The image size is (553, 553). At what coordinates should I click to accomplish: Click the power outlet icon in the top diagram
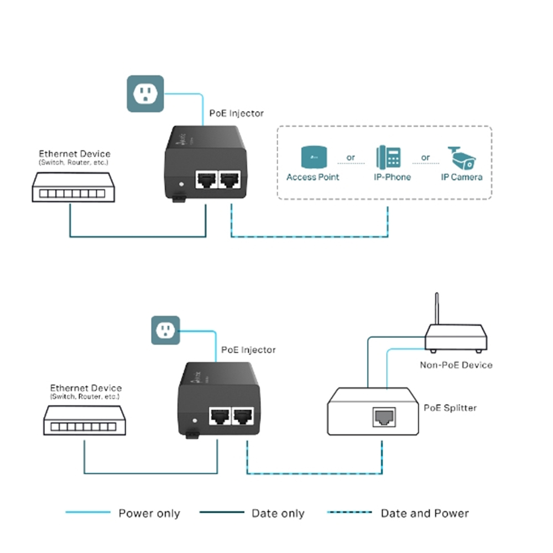pos(145,94)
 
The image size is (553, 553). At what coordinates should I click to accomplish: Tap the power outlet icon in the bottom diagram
pos(165,330)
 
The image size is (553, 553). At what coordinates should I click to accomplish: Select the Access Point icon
pos(312,156)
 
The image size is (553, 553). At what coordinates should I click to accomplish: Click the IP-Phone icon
pos(389,156)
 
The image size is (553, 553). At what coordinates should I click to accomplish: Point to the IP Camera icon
pos(462,157)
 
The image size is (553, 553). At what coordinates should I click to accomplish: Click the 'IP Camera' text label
pos(462,178)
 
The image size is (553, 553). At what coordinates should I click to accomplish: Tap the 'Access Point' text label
pos(312,178)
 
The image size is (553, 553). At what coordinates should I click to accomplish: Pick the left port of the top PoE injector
pos(206,180)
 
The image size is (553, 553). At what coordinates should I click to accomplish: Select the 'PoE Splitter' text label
pos(450,408)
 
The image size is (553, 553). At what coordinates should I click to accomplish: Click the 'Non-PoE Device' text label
pos(456,365)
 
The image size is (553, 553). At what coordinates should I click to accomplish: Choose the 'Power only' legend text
pos(149,514)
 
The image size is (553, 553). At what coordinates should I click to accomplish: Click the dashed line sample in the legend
pos(349,513)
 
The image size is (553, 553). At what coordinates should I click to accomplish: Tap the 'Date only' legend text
pos(278,514)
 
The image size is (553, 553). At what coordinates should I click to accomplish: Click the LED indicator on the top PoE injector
pos(180,185)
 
